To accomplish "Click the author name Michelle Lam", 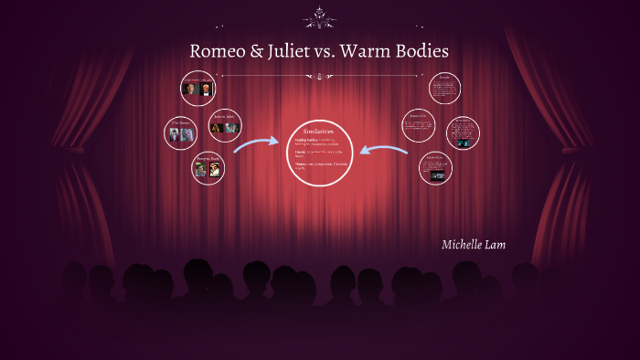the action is [473, 245].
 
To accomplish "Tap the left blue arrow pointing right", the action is [256, 144].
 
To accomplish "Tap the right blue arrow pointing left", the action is [383, 149].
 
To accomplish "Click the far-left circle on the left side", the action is [179, 132].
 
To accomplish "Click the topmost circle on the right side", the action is [444, 88].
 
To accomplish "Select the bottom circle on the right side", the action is [436, 167].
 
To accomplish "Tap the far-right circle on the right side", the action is [463, 132].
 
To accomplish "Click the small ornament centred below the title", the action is [319, 77].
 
